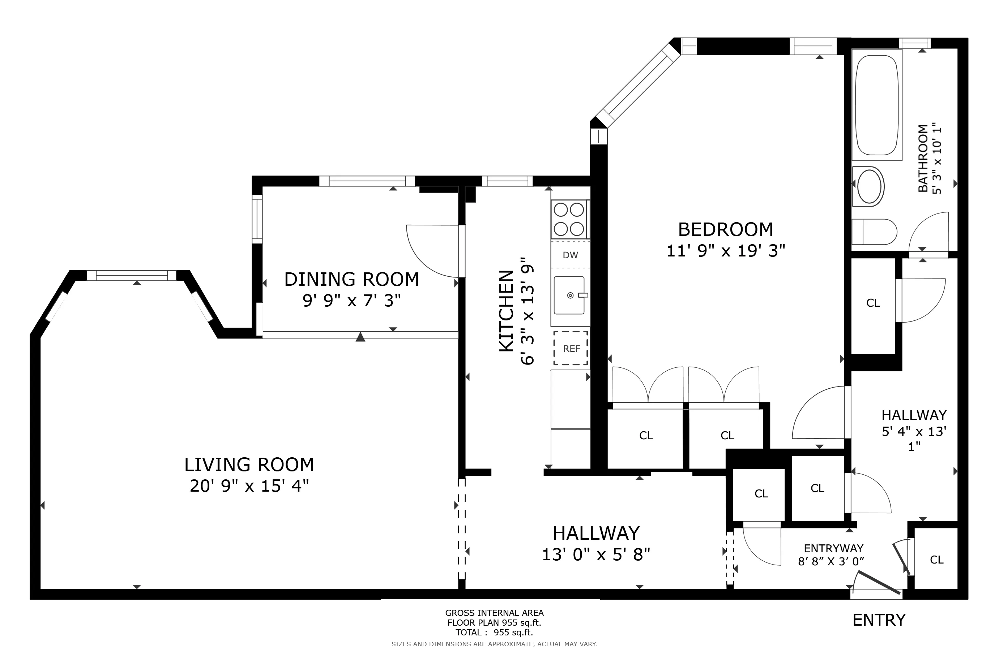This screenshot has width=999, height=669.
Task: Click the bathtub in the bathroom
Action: click(876, 104)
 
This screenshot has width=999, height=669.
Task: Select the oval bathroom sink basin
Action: click(869, 187)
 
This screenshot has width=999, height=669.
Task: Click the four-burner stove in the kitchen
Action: click(569, 219)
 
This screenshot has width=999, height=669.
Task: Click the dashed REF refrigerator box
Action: click(571, 348)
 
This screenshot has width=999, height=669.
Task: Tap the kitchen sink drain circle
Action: click(570, 295)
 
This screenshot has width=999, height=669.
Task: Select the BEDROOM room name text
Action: click(725, 229)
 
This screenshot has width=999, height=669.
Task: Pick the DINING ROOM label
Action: click(351, 280)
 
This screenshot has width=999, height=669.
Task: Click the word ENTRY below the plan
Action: click(879, 620)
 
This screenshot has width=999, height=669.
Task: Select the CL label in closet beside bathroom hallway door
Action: click(873, 303)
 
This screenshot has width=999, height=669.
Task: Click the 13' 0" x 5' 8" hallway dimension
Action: click(596, 554)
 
